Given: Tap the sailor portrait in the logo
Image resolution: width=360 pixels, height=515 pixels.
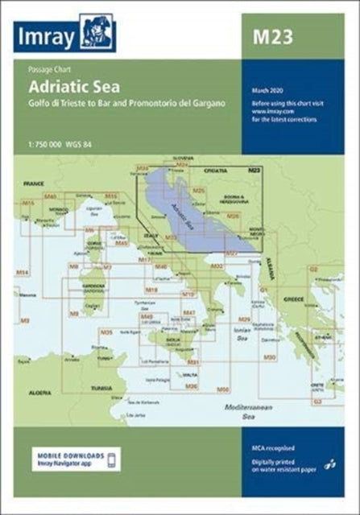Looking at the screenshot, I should (x=97, y=34).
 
